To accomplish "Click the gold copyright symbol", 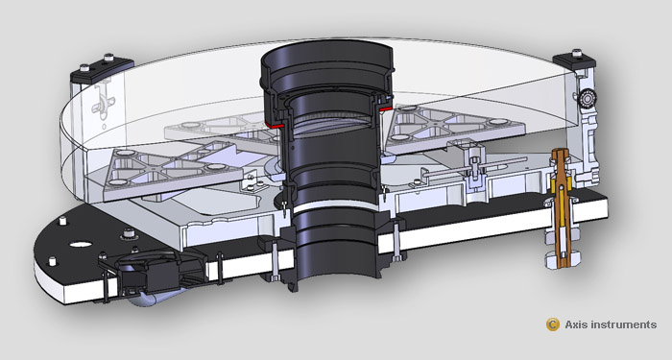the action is click(x=552, y=324).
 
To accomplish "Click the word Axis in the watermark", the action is click(x=576, y=324).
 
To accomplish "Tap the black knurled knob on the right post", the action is click(x=585, y=100).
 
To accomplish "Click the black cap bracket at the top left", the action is click(x=102, y=69).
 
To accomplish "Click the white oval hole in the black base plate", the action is click(x=81, y=244).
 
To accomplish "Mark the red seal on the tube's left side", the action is click(x=274, y=125).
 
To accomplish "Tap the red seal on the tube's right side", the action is click(x=386, y=109).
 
